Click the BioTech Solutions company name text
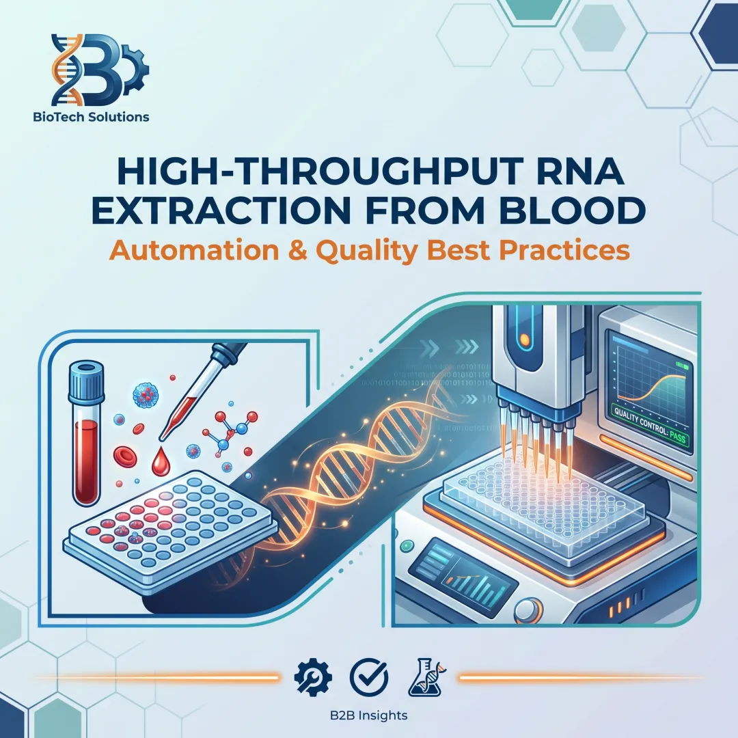tap(91, 117)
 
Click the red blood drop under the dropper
tap(161, 465)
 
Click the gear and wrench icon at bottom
tap(312, 677)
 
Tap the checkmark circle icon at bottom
tap(368, 677)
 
